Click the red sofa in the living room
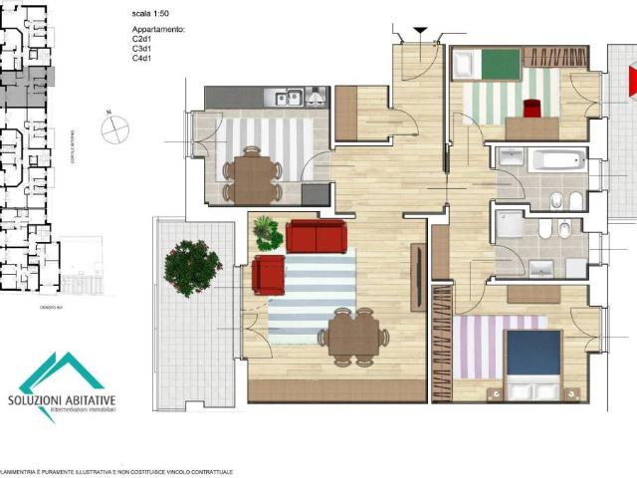click(316, 237)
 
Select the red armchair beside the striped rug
click(268, 275)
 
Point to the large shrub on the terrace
click(192, 267)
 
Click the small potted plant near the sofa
click(266, 231)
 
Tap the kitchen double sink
click(289, 97)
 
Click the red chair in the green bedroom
click(531, 107)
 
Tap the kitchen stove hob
click(318, 97)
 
